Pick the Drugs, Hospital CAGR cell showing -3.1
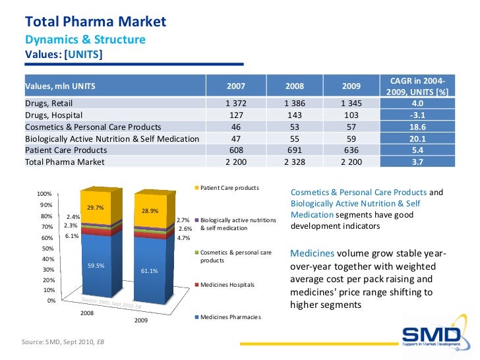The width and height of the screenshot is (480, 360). tap(417, 115)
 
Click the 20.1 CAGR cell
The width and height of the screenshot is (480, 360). tap(417, 138)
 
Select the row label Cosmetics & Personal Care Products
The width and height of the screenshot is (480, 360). tap(93, 127)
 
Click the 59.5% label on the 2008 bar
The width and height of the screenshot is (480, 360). tap(96, 266)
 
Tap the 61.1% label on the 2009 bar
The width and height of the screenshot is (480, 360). tap(150, 271)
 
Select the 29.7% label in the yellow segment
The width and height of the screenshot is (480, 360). tap(96, 206)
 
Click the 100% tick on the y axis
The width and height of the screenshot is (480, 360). tap(44, 194)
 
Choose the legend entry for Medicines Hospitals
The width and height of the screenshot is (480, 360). tap(227, 285)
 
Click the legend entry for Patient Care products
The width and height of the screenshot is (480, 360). tap(229, 188)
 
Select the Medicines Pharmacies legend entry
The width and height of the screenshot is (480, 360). tap(230, 317)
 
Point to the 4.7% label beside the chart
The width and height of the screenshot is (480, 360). tap(184, 238)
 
